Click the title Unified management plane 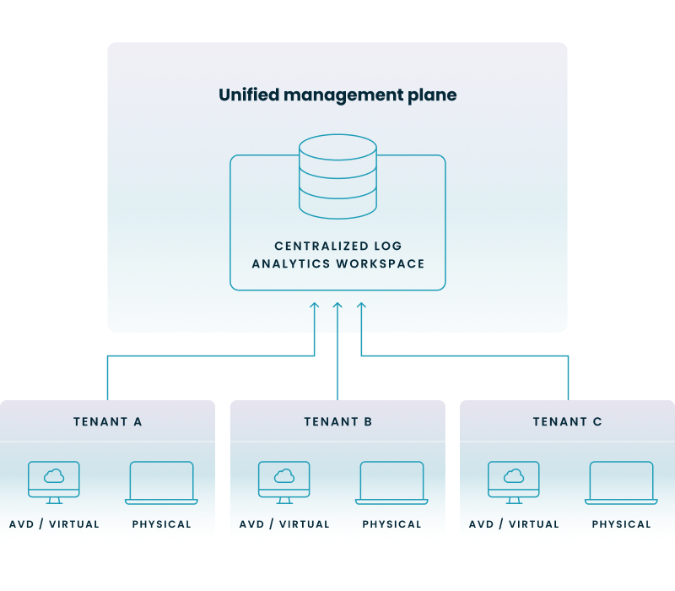point(337,95)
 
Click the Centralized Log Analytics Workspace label point(337,255)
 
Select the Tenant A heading point(107,421)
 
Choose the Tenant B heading point(337,421)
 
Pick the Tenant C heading point(567,421)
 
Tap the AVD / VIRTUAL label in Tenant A point(54,524)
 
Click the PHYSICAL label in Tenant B point(391,524)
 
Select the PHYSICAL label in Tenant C point(621,524)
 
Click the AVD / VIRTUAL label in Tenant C point(514,524)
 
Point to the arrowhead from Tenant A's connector point(315,306)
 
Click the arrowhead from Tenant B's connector point(337,306)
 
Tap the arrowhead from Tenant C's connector point(361,306)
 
